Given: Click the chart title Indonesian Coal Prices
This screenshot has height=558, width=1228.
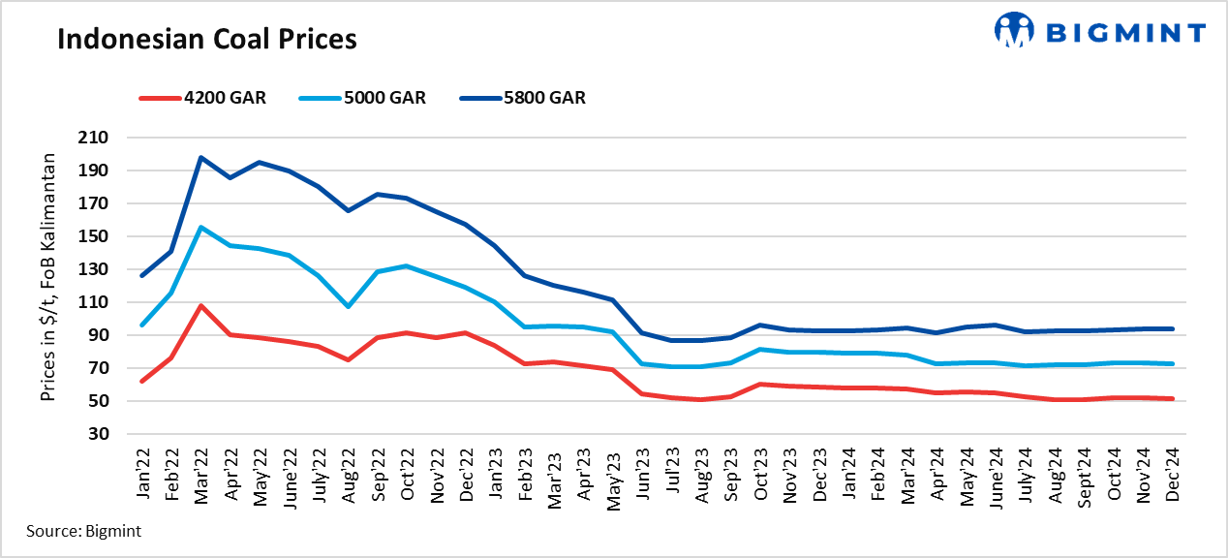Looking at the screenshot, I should [206, 39].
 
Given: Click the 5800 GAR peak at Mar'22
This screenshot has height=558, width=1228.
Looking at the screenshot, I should [200, 157].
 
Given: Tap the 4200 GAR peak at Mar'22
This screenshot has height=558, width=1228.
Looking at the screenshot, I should [200, 305].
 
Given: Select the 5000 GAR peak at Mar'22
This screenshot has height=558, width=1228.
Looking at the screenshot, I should [200, 227].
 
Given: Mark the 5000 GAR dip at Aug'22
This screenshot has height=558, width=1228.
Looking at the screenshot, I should [349, 306].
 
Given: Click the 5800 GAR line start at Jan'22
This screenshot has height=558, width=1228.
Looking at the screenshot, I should [141, 276].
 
